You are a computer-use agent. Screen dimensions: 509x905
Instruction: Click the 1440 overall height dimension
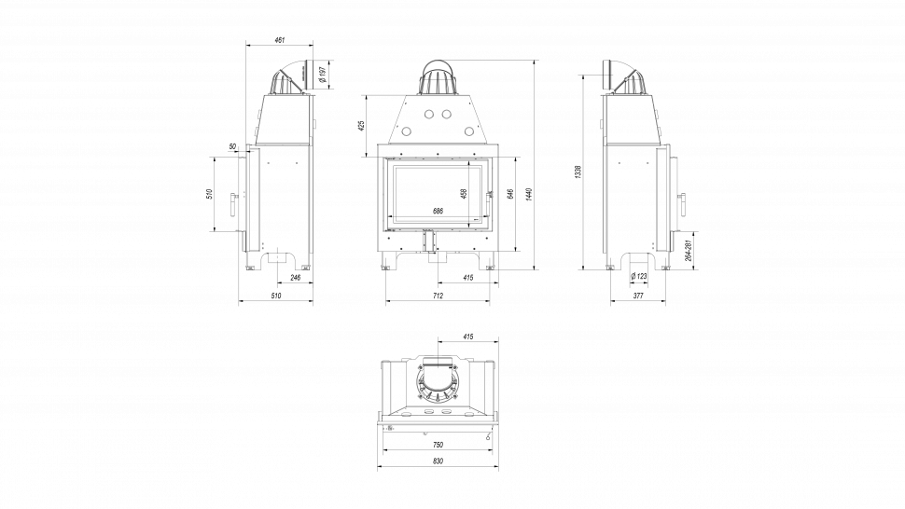[x=528, y=193]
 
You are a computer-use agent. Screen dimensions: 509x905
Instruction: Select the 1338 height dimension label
[x=578, y=172]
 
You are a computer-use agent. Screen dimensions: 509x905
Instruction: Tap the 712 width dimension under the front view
[x=438, y=296]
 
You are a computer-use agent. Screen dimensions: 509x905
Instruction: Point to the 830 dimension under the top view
[x=438, y=461]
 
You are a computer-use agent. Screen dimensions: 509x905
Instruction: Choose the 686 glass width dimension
[x=438, y=212]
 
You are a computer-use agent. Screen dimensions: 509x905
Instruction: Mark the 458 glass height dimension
[x=464, y=193]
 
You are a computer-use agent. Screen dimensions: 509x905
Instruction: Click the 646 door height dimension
[x=509, y=194]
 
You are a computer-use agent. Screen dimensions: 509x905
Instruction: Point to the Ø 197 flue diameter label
[x=322, y=74]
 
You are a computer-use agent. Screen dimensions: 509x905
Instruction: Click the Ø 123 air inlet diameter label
[x=639, y=277]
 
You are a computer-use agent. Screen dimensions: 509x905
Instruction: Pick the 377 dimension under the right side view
[x=638, y=296]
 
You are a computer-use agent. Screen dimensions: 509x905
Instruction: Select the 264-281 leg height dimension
[x=688, y=252]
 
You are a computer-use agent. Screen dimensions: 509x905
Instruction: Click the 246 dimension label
[x=295, y=277]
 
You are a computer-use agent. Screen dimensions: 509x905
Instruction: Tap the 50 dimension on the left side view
[x=231, y=146]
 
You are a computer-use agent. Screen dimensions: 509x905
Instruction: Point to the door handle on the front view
[x=489, y=195]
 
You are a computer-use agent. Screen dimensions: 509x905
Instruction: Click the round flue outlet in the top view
[x=438, y=381]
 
